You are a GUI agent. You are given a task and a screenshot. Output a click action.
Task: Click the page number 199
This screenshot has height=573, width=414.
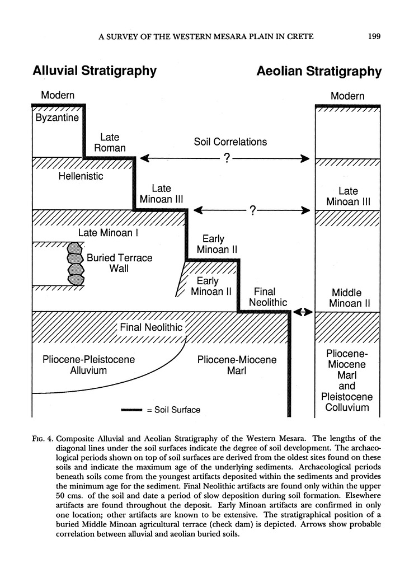(374, 37)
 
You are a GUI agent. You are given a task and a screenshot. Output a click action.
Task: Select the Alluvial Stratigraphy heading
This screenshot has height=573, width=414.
(94, 71)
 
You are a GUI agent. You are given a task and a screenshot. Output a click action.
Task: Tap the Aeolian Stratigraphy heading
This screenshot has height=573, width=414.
(319, 72)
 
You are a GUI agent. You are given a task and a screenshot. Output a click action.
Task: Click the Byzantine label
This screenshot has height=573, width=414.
(57, 118)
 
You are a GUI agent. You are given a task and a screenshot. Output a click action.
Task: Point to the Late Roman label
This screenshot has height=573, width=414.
(110, 143)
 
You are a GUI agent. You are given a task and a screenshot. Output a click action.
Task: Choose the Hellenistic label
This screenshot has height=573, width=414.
(81, 176)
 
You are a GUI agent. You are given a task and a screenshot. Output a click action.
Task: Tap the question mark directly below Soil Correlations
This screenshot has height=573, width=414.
(226, 159)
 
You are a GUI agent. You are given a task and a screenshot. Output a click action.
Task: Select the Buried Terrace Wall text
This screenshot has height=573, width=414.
(119, 264)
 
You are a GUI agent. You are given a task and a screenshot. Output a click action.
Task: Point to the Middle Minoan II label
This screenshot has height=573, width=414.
(347, 298)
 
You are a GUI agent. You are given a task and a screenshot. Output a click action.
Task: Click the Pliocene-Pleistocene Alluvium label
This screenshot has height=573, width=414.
(89, 364)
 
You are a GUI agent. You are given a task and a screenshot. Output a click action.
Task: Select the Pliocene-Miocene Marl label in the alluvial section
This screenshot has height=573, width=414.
(237, 364)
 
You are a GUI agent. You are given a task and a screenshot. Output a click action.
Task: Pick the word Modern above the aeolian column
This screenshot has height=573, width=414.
(347, 96)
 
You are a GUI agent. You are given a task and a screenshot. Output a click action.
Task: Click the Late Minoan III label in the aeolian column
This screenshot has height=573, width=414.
(348, 196)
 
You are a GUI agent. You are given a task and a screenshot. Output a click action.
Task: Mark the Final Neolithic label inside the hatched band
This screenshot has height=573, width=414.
(151, 327)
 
